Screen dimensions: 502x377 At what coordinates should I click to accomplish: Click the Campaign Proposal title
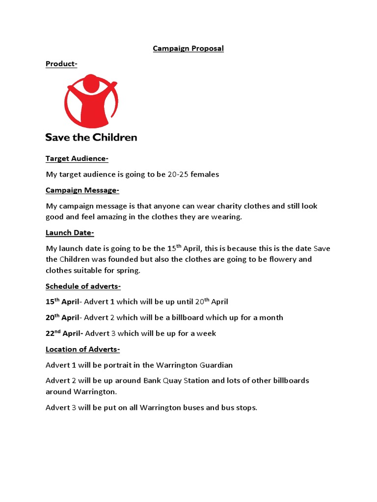[188, 49]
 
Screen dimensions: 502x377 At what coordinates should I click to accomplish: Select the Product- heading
[61, 64]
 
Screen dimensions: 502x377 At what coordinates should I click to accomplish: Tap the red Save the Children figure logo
[91, 100]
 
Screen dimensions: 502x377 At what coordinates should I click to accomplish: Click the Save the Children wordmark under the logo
[91, 137]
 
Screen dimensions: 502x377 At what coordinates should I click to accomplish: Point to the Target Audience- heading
[77, 158]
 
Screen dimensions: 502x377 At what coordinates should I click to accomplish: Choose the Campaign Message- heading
[82, 190]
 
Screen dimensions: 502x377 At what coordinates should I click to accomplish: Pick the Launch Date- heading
[70, 233]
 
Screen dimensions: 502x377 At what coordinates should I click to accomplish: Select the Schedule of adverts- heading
[83, 286]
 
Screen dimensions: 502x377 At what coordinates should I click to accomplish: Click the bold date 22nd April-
[64, 333]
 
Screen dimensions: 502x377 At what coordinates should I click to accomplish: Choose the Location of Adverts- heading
[82, 349]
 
